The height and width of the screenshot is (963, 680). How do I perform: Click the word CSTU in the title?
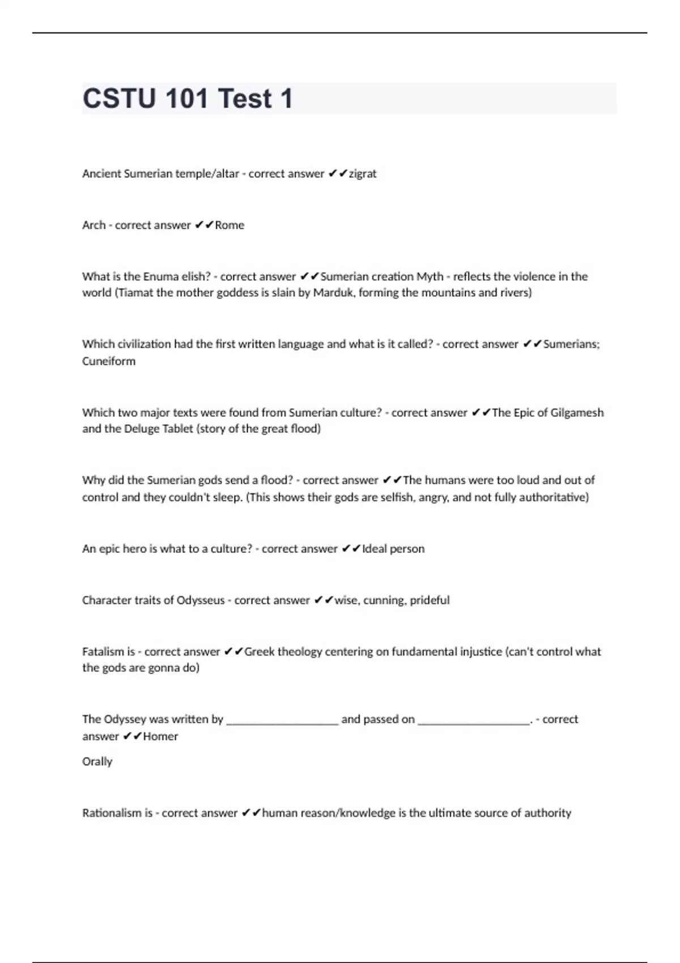[119, 99]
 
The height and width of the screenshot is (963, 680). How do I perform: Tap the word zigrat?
[363, 174]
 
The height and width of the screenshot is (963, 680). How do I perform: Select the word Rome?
[229, 225]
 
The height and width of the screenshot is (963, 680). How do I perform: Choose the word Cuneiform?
[109, 361]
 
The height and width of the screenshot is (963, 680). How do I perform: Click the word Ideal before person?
[374, 549]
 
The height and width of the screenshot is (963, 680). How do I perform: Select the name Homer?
[160, 736]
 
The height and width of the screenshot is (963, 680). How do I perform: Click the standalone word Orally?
[97, 762]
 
